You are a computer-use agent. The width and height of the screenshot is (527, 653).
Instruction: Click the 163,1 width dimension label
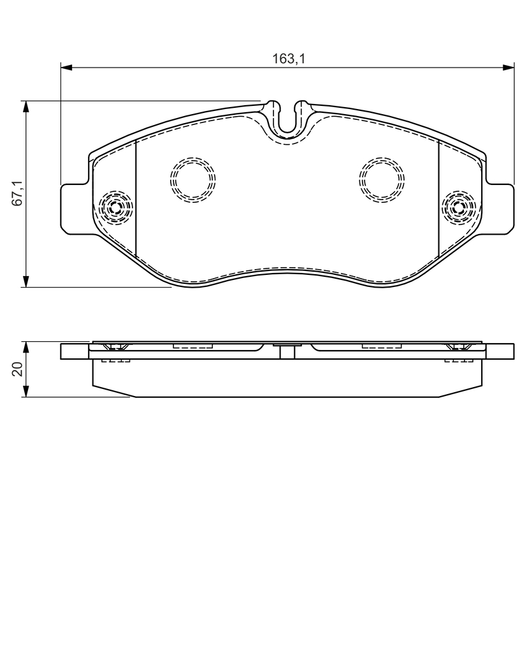(x=289, y=59)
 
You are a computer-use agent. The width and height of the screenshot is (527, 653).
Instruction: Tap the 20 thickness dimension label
(x=18, y=369)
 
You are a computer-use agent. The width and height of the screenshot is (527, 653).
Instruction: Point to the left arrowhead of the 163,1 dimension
(x=67, y=67)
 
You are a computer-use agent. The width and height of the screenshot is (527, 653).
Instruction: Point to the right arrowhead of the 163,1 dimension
(x=509, y=67)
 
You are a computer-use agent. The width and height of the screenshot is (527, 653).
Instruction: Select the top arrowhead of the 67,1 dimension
(x=26, y=106)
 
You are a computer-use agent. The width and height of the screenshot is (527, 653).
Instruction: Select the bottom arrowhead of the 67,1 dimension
(x=26, y=281)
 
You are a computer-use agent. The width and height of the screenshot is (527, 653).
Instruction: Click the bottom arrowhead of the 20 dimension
(x=26, y=391)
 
